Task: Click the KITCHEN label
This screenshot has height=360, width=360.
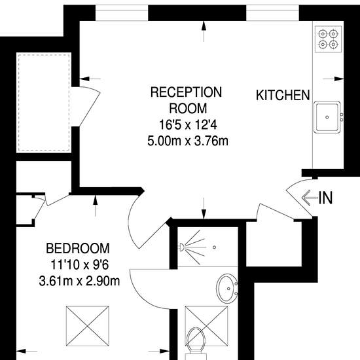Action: coord(283,95)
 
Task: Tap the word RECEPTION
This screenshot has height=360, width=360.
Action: coord(186,92)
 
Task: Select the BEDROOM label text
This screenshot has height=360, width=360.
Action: coord(78,248)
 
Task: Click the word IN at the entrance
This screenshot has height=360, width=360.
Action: coord(325,198)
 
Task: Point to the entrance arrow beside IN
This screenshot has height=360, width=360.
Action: coord(310,198)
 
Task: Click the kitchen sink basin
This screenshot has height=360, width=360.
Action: coord(327,117)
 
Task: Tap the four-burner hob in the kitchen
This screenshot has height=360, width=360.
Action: coord(328,39)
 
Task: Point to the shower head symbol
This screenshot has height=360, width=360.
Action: coord(181,247)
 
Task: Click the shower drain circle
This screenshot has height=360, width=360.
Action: coord(214,247)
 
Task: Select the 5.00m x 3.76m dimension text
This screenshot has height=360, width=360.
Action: coord(188,141)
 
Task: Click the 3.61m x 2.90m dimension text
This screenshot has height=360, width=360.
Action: coord(79,281)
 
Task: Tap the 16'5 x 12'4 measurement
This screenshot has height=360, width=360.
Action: coord(188,125)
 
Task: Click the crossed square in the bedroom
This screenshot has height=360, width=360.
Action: coord(88,326)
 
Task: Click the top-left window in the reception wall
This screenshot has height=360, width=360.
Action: coord(122,13)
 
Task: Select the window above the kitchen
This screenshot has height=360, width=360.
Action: coord(272,13)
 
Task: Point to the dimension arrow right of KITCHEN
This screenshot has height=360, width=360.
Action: coord(333,79)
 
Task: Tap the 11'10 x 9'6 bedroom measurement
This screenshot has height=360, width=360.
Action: coord(79,264)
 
